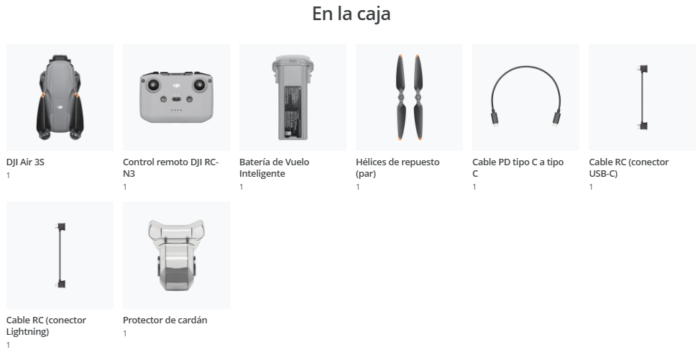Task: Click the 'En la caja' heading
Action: [x=352, y=14]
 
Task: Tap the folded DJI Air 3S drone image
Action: [x=60, y=98]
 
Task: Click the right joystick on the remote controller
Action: [x=199, y=84]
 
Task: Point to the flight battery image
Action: [x=293, y=98]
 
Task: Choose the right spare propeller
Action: [x=418, y=98]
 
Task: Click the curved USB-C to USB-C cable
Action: [x=525, y=67]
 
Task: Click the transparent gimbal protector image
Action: [x=176, y=255]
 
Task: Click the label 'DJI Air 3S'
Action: [x=25, y=162]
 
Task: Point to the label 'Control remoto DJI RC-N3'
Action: [x=170, y=167]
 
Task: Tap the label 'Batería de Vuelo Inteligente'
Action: [x=274, y=167]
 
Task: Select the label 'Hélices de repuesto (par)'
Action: [x=398, y=167]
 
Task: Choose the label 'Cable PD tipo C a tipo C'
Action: [x=518, y=167]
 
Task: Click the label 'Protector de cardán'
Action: [x=165, y=320]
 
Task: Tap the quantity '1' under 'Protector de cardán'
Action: [x=124, y=333]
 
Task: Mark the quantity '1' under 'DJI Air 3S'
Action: [x=8, y=175]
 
